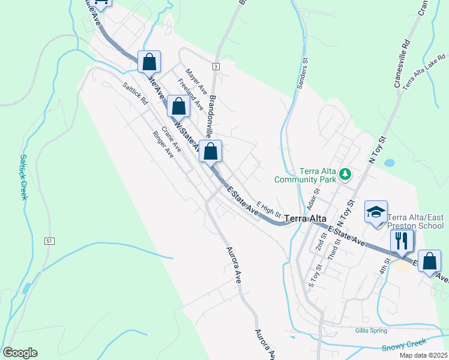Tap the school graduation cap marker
tap(376, 212)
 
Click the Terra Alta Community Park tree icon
tap(345, 175)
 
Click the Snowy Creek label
tap(404, 346)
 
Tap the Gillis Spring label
tap(370, 330)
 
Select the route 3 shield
tap(215, 66)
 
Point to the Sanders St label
tap(301, 74)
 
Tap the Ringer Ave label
tap(163, 144)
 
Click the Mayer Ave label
tap(196, 83)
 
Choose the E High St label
tap(268, 209)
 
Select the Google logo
tap(20, 353)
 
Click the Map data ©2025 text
tap(423, 355)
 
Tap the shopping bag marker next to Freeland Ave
tap(179, 106)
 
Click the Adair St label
tap(310, 199)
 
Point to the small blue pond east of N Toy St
tap(390, 163)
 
